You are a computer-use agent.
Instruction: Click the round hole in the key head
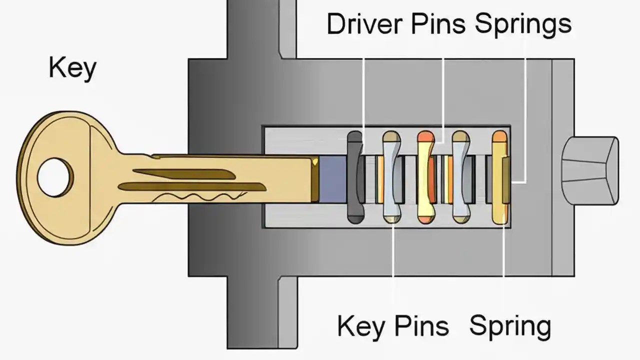pos(55,177)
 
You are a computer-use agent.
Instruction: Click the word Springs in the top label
pos(523,24)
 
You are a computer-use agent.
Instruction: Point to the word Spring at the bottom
pos(510,326)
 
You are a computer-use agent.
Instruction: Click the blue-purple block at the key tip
pos(330,179)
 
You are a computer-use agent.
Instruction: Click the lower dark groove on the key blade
pos(190,187)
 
